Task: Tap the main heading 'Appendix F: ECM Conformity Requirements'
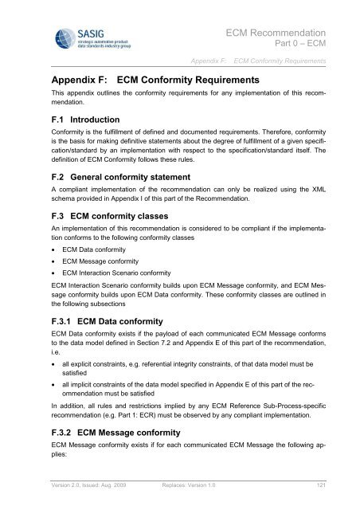click(156, 81)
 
